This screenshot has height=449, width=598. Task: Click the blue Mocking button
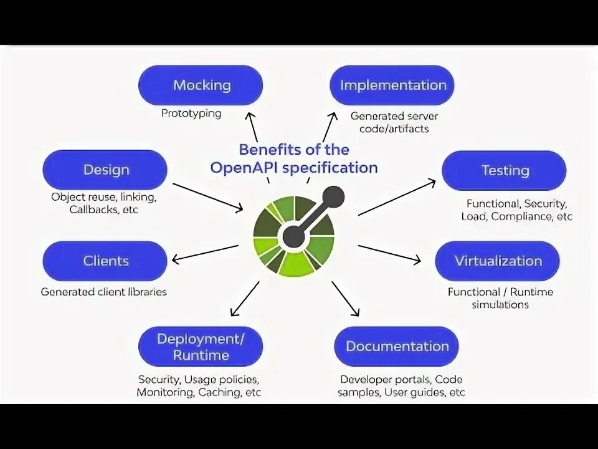201,85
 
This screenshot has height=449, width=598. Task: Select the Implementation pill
392,85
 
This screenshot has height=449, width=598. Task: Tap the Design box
105,170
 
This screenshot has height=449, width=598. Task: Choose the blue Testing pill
505,170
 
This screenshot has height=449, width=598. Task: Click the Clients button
105,261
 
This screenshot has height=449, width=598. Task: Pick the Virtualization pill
498,261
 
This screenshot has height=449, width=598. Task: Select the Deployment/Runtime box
201,347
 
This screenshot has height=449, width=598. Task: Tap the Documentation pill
397,346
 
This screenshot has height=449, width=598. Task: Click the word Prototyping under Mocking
191,113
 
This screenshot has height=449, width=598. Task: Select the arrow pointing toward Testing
397,198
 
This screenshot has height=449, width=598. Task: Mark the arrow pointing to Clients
205,253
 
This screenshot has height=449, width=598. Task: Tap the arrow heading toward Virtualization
390,253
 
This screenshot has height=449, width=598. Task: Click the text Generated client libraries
104,292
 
